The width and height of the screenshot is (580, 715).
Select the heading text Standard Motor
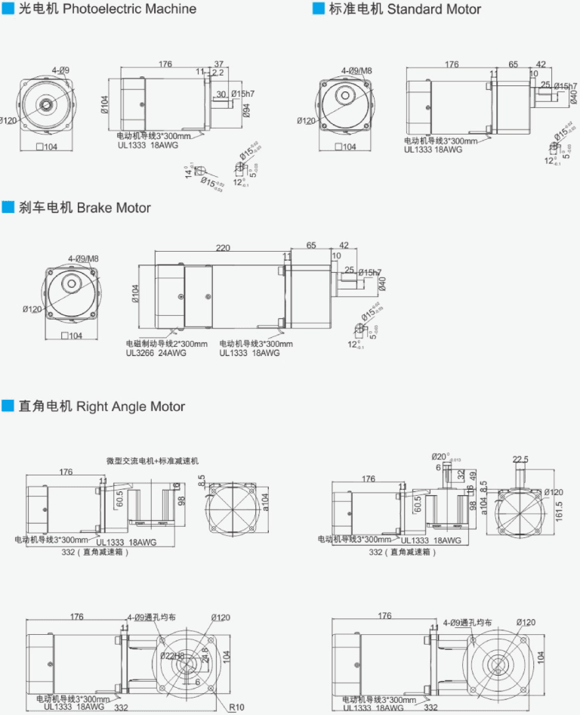[x=433, y=9]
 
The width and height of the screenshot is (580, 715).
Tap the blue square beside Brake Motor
[x=8, y=208]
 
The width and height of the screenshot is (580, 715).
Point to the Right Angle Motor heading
[x=131, y=407]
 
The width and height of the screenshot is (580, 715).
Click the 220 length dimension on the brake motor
[x=223, y=247]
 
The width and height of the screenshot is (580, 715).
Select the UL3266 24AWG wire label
[x=154, y=352]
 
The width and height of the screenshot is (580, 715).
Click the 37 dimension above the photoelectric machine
[x=219, y=64]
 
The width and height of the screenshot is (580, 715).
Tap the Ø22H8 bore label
[x=172, y=656]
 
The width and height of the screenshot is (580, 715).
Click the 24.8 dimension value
[x=204, y=655]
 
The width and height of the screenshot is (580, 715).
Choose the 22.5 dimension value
[x=520, y=459]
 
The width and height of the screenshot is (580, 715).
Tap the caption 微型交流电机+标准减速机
[x=153, y=460]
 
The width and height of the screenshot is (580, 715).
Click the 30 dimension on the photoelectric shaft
[x=221, y=94]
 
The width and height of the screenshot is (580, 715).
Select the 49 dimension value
[x=473, y=476]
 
